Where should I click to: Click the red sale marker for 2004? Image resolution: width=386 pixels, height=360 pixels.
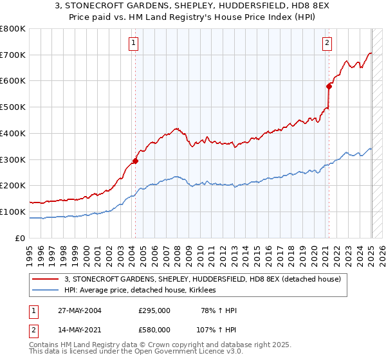[136, 161]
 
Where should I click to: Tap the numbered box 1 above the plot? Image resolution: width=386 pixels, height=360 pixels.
[133, 43]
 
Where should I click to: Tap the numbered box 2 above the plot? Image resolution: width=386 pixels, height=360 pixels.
[327, 43]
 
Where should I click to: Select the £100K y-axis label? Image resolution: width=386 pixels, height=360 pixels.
[12, 212]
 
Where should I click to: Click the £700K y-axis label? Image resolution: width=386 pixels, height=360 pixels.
[12, 55]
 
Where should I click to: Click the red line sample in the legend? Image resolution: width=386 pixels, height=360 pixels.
[46, 279]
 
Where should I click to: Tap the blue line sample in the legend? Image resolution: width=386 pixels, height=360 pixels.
[46, 291]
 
